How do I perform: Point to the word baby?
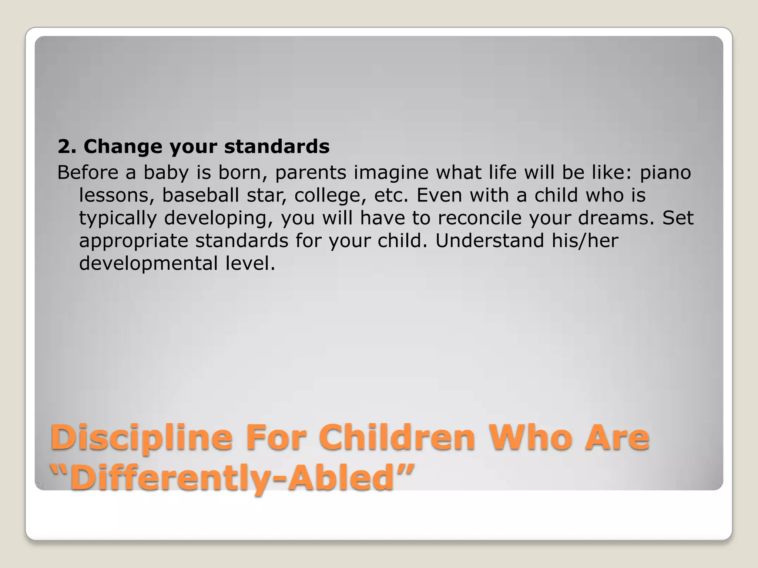click(166, 173)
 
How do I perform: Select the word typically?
click(118, 219)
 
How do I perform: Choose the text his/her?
click(585, 241)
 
